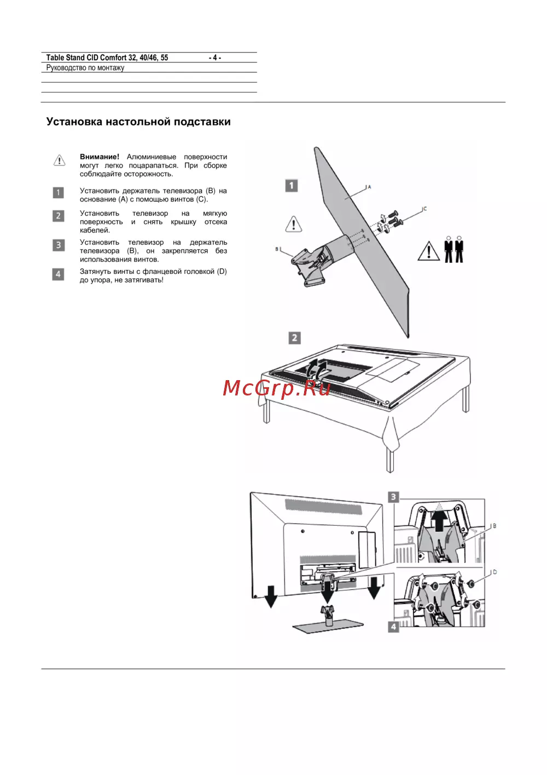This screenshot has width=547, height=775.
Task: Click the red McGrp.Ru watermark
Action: tap(276, 388)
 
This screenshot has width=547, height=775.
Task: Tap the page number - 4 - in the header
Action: tap(214, 58)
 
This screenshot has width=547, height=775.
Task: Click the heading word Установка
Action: tap(74, 122)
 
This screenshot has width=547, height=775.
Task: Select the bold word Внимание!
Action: tap(100, 157)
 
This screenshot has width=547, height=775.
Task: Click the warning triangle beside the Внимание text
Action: tap(60, 160)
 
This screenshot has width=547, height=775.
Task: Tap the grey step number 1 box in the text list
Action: tap(58, 192)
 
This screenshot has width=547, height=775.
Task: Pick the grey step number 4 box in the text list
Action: tap(58, 274)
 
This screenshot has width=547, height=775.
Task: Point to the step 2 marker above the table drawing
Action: tap(294, 338)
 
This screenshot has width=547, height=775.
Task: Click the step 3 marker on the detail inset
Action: tap(393, 497)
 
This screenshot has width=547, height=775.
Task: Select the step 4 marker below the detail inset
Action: tap(393, 627)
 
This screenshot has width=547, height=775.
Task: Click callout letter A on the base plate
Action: tap(369, 187)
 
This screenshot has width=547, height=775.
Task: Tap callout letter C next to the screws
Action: tap(425, 209)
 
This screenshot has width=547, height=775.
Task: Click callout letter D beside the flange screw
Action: tap(494, 572)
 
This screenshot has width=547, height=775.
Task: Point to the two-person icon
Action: tap(453, 249)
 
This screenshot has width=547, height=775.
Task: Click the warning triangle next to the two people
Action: tap(428, 251)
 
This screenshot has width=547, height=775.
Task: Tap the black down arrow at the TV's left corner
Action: tap(271, 596)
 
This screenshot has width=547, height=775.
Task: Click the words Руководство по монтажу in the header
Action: tap(85, 68)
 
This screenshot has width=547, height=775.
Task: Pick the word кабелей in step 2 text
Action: tap(95, 230)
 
